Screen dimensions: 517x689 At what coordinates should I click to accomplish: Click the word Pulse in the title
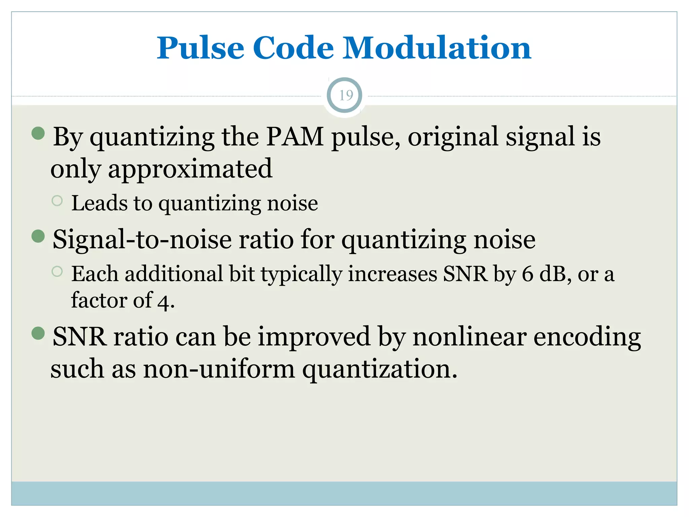pos(201,48)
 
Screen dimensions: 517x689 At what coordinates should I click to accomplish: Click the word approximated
pos(190,169)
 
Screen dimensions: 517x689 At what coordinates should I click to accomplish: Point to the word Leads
pos(100,203)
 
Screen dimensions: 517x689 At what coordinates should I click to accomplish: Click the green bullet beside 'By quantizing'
pos(38,133)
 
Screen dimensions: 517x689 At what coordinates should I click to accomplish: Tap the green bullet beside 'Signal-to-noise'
pos(38,236)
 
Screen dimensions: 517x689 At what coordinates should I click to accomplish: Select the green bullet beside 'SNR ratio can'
pos(38,333)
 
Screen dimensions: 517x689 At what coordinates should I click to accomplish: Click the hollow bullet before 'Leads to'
pos(57,201)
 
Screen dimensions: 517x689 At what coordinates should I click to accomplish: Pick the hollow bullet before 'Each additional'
pos(57,271)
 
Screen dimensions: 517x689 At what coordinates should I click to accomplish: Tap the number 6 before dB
pos(528,274)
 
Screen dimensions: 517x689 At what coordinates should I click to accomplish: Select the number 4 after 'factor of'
pos(164,302)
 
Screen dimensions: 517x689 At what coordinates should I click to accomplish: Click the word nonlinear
pos(470,337)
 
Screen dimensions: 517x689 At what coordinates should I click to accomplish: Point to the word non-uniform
pos(219,369)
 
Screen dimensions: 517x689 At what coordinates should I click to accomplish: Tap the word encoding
pos(587,337)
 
